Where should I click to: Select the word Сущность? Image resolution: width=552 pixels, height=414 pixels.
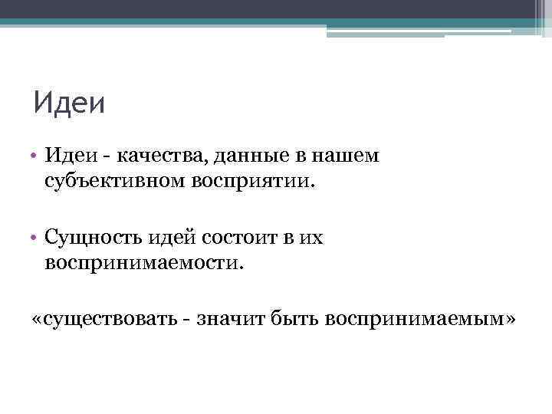coord(90,238)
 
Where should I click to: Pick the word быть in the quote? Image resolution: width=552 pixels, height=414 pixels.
coord(296,318)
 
